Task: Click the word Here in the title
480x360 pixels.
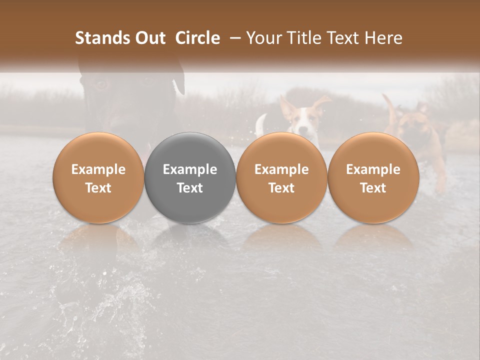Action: pos(382,38)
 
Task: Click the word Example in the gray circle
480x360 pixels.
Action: pos(190,169)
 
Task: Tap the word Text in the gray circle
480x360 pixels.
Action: pos(190,188)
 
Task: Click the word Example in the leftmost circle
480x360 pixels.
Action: pos(98,169)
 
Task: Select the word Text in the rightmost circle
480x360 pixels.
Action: pos(373,188)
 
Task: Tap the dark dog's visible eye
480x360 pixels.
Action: pos(100,83)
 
